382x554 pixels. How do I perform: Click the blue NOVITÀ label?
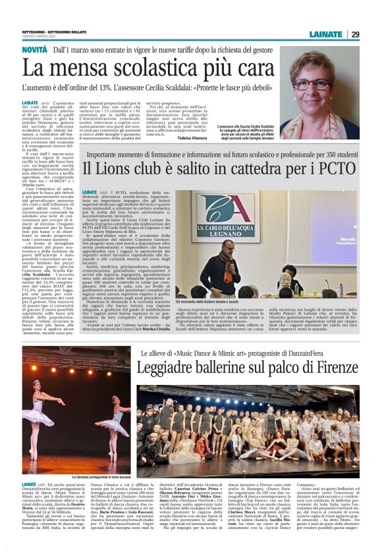pos(34,50)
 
